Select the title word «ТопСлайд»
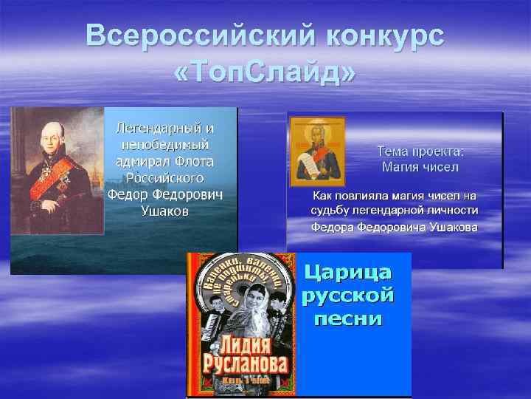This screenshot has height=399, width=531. (265, 72)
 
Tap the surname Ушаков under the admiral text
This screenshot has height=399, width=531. (164, 211)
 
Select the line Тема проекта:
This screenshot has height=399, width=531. (420, 151)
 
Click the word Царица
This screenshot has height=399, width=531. (347, 272)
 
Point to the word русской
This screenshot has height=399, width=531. (347, 296)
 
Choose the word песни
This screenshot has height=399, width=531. (347, 319)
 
